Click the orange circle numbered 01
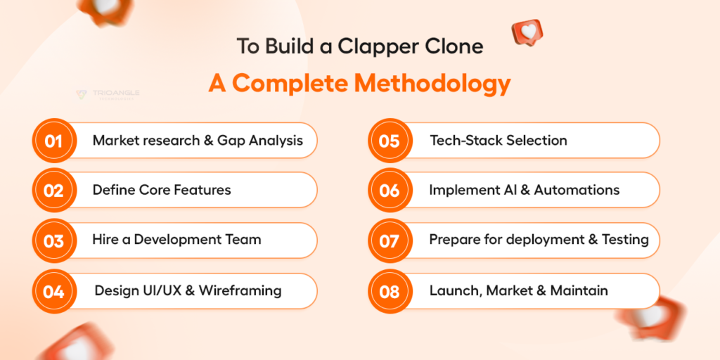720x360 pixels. point(53,141)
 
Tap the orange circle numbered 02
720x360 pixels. point(53,190)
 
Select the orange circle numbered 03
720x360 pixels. point(53,240)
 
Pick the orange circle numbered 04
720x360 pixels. point(53,291)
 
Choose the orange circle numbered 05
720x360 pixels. point(390,141)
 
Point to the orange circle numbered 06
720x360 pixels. point(390,190)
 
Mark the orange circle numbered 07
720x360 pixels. point(390,240)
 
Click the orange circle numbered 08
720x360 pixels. point(390,291)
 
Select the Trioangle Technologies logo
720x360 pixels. point(108,95)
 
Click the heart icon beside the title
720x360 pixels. point(527,32)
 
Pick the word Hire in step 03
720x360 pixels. point(104,239)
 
